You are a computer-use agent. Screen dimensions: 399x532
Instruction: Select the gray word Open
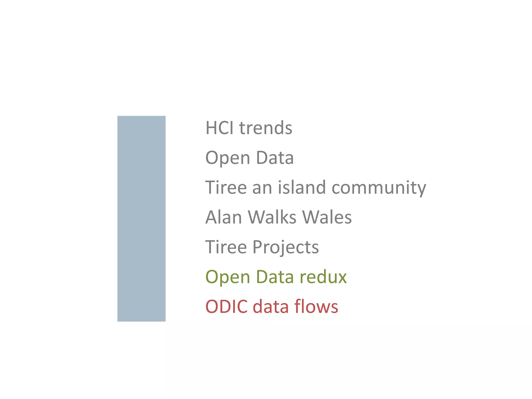point(228,158)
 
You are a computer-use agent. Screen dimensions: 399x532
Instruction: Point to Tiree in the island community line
point(226,187)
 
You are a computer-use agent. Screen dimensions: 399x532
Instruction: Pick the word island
point(302,187)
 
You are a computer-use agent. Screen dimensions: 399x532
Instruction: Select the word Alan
point(223,217)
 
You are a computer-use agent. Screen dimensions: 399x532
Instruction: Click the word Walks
point(272,217)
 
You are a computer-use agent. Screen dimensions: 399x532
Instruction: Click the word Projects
point(285,247)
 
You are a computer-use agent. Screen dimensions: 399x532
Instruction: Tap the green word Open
point(228,277)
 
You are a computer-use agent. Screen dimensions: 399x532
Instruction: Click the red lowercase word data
point(271,307)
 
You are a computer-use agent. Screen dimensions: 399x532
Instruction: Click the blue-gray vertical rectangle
point(141,218)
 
